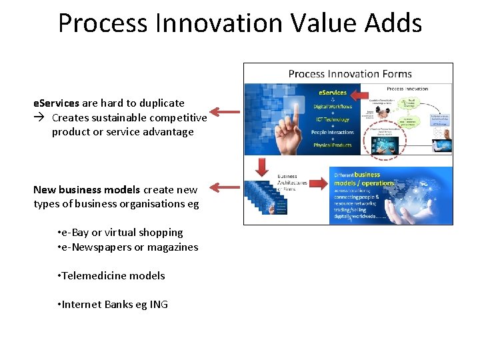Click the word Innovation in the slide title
coord(216,23)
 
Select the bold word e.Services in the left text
coord(57,103)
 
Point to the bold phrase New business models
coord(87,189)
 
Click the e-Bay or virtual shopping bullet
coord(121,233)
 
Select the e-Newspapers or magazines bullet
coord(128,247)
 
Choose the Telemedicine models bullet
coord(112,276)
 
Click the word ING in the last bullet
coord(159,305)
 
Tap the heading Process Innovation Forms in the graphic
coord(350,74)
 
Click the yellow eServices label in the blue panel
coord(332,93)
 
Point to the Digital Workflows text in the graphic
coord(332,107)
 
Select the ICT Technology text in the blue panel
coord(332,119)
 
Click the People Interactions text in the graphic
coord(332,133)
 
